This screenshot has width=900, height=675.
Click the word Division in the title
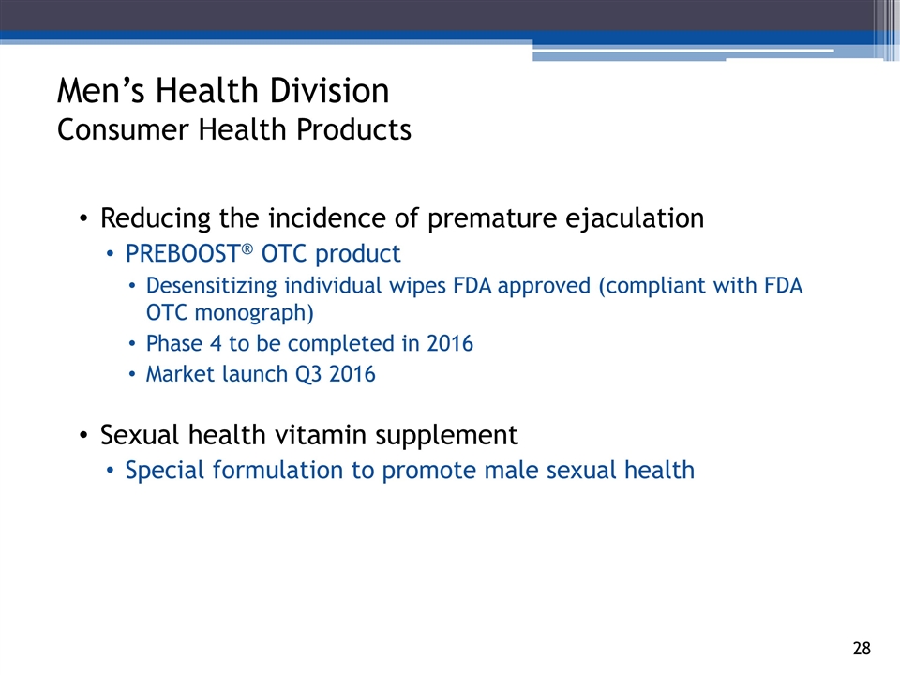(x=329, y=91)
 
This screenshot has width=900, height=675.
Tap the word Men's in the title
(x=101, y=91)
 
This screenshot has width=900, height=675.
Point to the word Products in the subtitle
(x=353, y=129)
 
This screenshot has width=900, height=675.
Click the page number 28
(x=862, y=649)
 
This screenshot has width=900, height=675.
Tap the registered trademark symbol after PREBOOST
(x=247, y=248)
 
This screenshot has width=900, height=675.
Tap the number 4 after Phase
(x=216, y=343)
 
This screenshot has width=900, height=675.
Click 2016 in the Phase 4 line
(x=450, y=343)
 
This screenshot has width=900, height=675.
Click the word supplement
(x=446, y=436)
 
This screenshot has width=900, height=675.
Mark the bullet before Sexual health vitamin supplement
(x=83, y=436)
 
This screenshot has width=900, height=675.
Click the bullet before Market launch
(x=132, y=374)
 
